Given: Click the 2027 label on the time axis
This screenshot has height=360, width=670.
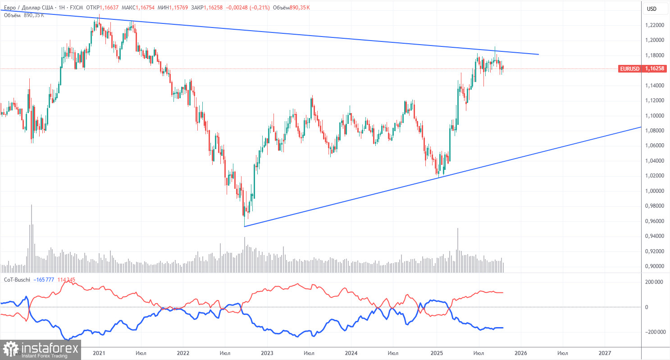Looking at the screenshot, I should (605, 354).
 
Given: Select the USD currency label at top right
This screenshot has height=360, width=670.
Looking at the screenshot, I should (652, 9).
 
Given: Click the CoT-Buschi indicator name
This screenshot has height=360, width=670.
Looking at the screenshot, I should (18, 280).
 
